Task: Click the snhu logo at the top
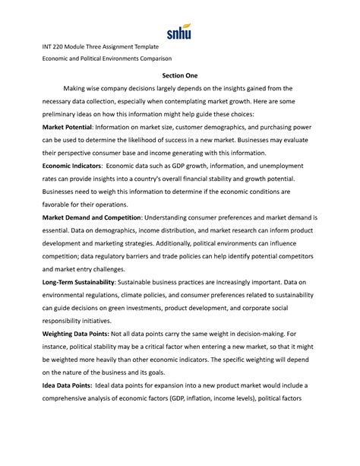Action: click(x=180, y=33)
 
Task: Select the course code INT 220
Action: click(x=57, y=47)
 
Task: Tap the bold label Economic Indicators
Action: click(x=74, y=165)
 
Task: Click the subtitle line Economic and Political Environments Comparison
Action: click(x=106, y=59)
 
